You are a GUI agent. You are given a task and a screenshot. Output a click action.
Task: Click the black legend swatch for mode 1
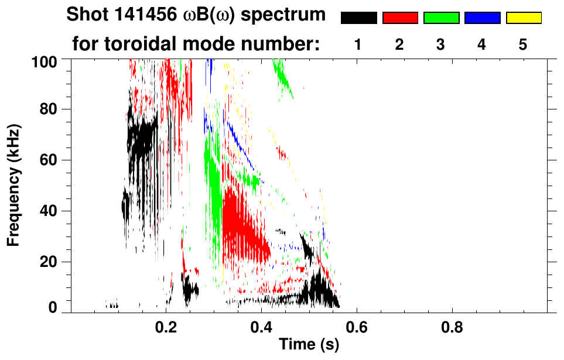[359, 18]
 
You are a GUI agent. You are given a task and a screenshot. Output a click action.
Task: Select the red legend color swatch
[400, 18]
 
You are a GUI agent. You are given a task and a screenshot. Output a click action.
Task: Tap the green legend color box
[441, 18]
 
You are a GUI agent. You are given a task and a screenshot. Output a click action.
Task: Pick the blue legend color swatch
[482, 18]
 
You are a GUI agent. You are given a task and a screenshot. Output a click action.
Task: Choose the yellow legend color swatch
[523, 18]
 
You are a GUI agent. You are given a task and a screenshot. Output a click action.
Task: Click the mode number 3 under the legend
[441, 45]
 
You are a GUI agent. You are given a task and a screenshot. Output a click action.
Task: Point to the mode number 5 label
[523, 45]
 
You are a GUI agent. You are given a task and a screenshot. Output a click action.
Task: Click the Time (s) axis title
[309, 345]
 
